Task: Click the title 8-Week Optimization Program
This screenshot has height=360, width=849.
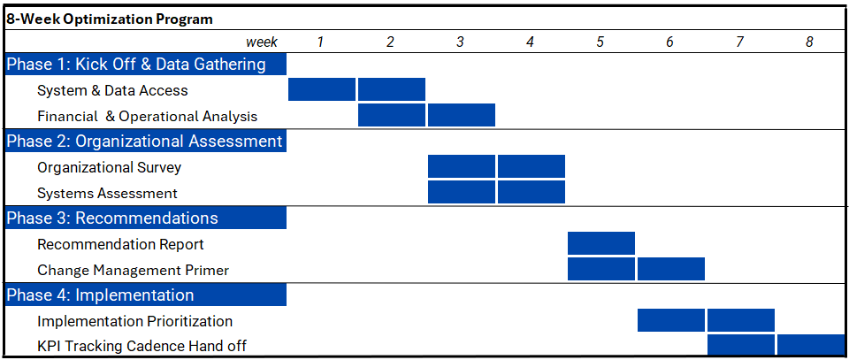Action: pyautogui.click(x=110, y=19)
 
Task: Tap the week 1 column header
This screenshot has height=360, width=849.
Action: pyautogui.click(x=320, y=42)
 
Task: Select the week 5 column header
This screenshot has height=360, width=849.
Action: pyautogui.click(x=600, y=42)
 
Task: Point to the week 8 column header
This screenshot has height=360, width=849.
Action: pyautogui.click(x=809, y=42)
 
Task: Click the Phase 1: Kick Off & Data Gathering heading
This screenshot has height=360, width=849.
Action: pyautogui.click(x=136, y=64)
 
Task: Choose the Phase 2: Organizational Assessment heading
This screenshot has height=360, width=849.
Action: pyautogui.click(x=144, y=141)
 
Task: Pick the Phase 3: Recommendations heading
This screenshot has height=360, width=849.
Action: pyautogui.click(x=112, y=218)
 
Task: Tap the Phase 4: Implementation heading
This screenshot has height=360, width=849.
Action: pyautogui.click(x=100, y=295)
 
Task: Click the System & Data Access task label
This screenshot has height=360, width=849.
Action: pyautogui.click(x=112, y=90)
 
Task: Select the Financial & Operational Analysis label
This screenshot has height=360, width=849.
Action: pyautogui.click(x=147, y=116)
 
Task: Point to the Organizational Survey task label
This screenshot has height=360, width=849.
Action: pyautogui.click(x=109, y=167)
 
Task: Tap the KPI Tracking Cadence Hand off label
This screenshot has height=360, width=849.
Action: pyautogui.click(x=141, y=346)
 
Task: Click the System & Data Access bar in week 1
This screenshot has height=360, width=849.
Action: pyautogui.click(x=322, y=89)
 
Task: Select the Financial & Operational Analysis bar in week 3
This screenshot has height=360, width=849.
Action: pyautogui.click(x=462, y=115)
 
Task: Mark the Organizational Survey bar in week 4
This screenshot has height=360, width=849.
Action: pyautogui.click(x=532, y=166)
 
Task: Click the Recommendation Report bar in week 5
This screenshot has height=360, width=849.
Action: pyautogui.click(x=601, y=243)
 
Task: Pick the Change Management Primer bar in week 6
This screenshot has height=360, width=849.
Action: pyautogui.click(x=671, y=269)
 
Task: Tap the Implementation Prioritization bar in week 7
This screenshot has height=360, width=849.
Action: pyautogui.click(x=741, y=320)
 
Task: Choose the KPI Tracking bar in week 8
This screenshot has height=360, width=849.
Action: pyautogui.click(x=810, y=346)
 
